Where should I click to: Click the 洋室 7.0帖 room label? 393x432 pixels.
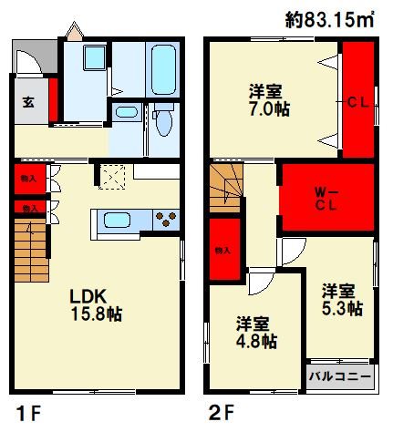click(269, 99)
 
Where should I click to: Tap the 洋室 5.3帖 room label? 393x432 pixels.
click(342, 300)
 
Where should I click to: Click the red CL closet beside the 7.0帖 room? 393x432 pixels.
click(357, 102)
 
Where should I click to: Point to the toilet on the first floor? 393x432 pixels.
click(164, 120)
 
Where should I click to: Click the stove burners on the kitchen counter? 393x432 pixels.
click(166, 220)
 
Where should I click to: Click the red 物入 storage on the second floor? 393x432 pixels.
click(224, 249)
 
